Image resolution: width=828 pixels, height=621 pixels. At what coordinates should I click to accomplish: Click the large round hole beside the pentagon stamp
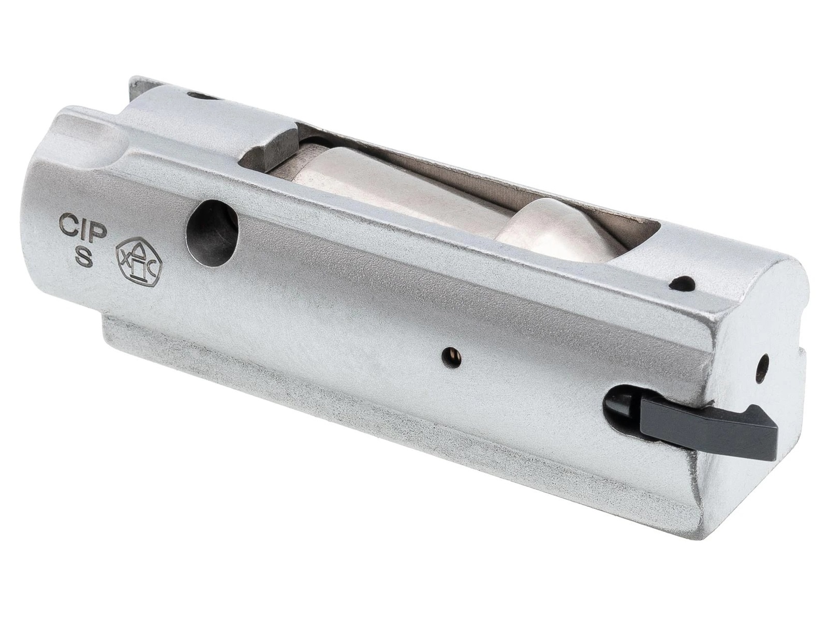[213, 233]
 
